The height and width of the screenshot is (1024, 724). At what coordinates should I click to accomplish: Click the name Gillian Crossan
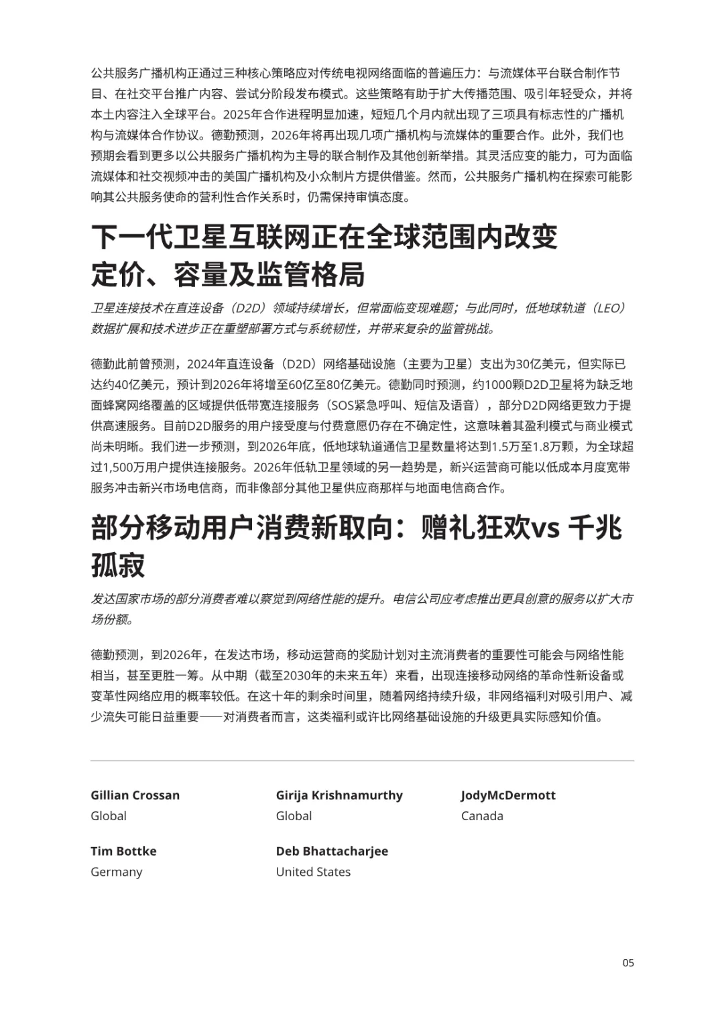point(135,795)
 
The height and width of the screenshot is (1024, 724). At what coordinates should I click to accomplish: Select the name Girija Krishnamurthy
point(339,795)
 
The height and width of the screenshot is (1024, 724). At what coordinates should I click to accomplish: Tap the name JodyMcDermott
point(508,795)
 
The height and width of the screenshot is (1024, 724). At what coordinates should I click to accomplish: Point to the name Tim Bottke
point(123,851)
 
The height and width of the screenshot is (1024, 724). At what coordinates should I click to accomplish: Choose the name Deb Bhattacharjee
point(332,851)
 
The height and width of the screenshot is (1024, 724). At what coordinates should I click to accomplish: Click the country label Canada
point(482,816)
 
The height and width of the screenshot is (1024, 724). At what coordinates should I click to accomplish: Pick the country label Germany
point(117,872)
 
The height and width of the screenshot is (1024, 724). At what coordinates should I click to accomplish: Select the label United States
point(313,872)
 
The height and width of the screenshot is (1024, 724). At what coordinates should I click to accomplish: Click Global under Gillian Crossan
point(109,816)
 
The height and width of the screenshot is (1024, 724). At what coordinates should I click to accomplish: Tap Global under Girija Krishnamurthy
point(294,816)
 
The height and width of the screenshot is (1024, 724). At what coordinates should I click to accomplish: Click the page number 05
point(628,963)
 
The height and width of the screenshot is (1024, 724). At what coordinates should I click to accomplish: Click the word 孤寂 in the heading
point(118,565)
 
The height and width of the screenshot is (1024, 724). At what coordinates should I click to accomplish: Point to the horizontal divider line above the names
point(362,760)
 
